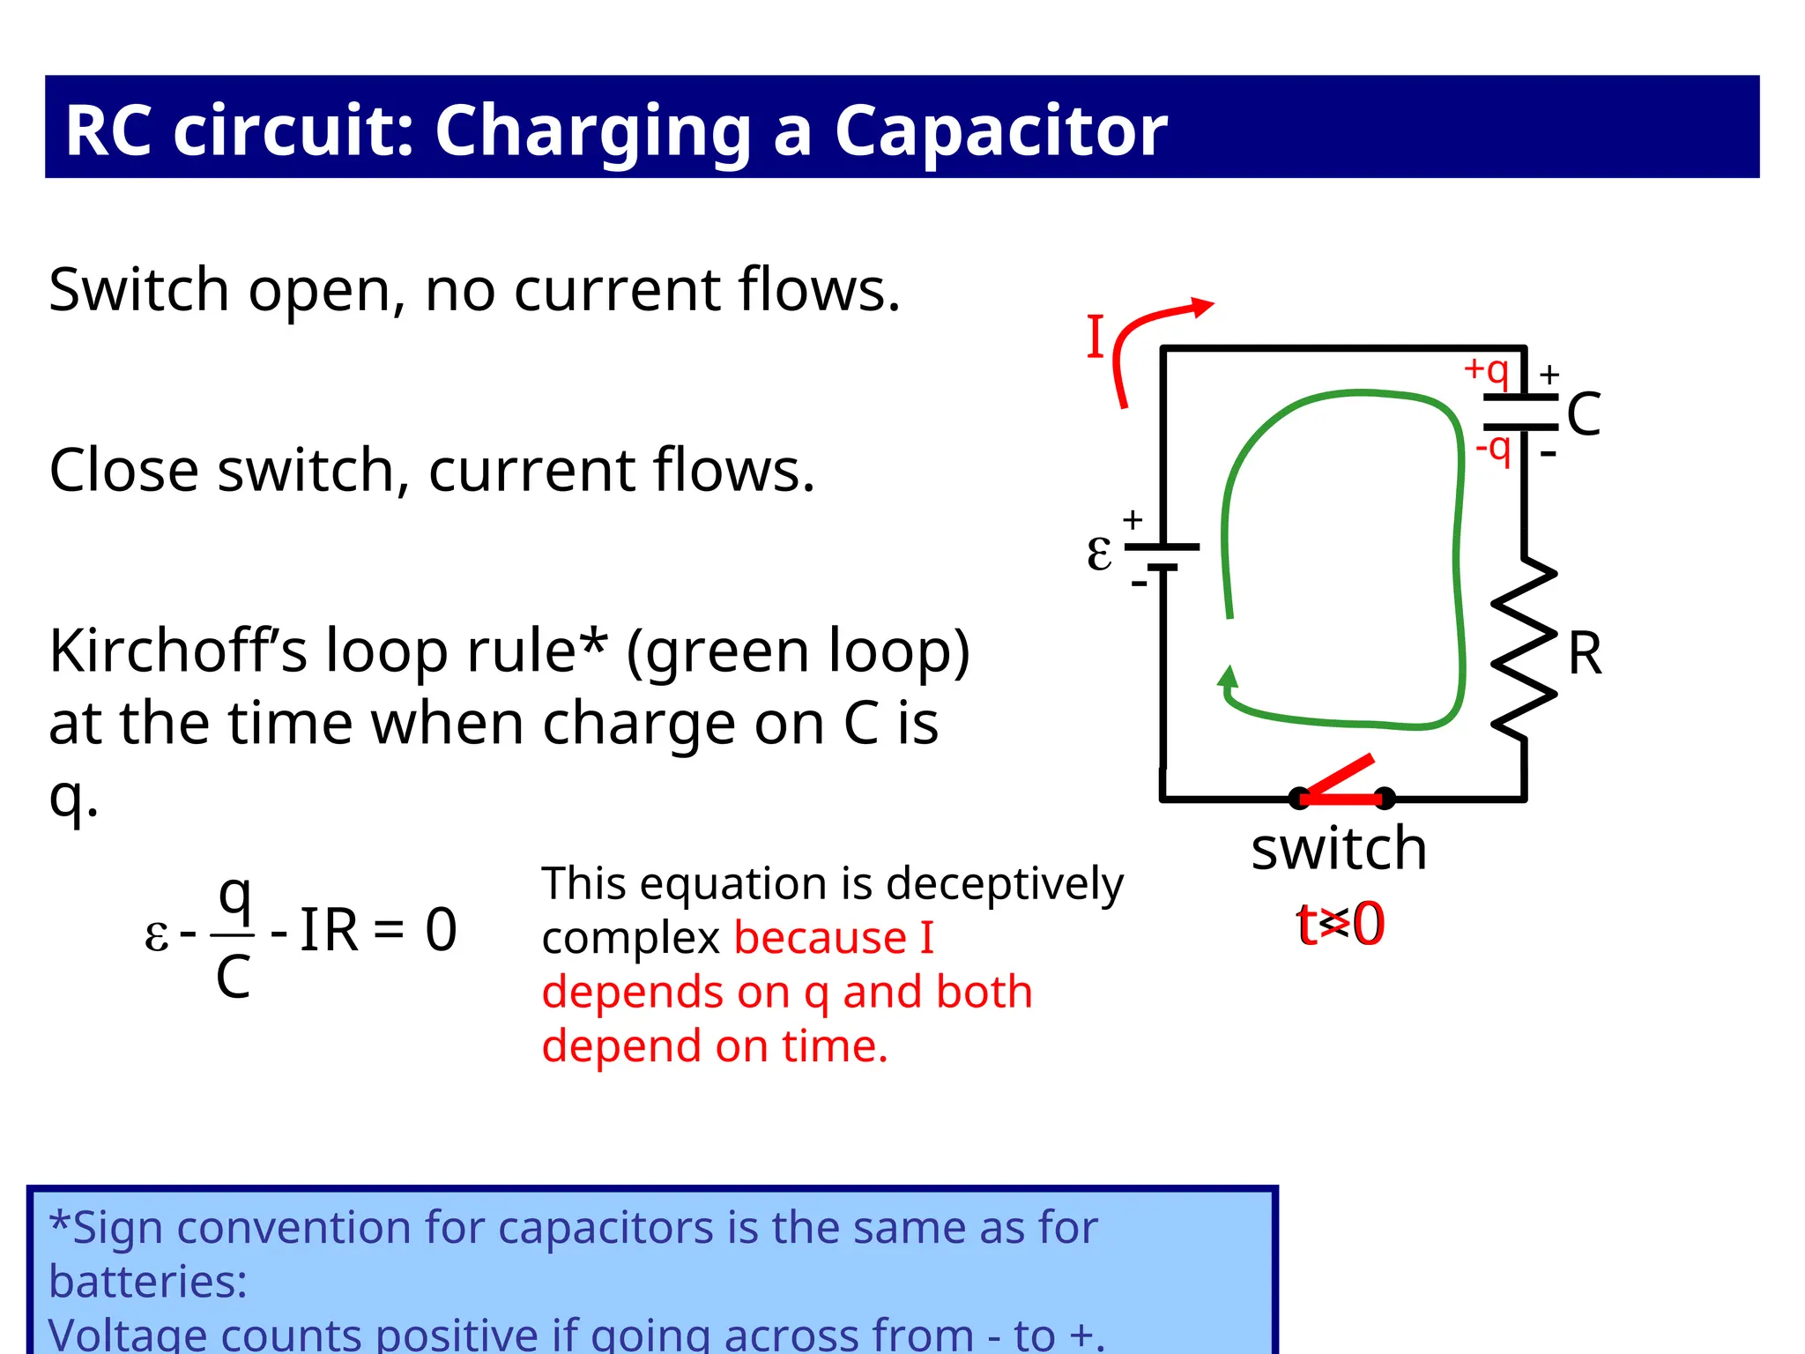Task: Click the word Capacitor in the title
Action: click(1000, 130)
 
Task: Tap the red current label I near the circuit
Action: click(1096, 337)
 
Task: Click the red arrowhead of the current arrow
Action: click(1202, 307)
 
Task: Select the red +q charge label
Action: click(1487, 370)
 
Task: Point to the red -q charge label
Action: click(1494, 449)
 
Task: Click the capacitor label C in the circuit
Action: click(1584, 414)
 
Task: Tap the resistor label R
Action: click(1585, 654)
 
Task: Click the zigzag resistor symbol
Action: click(1524, 648)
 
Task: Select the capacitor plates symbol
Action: click(1521, 413)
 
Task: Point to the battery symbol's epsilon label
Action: click(1099, 554)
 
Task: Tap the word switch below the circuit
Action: click(1339, 849)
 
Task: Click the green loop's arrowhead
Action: click(1228, 677)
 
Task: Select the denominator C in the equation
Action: click(234, 977)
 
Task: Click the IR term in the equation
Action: click(329, 930)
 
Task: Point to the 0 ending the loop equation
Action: click(441, 930)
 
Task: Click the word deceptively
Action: click(1005, 884)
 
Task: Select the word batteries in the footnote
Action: click(147, 1281)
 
